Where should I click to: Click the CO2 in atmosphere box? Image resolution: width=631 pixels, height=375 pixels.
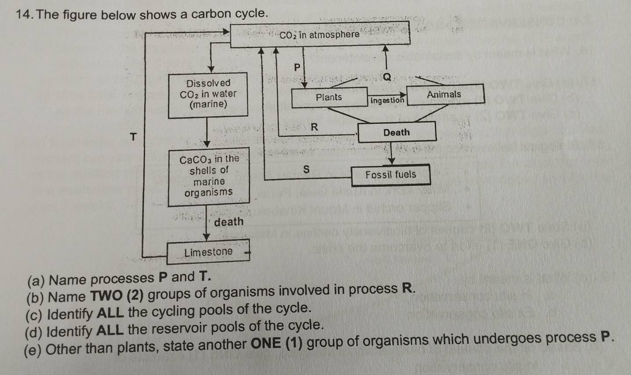320,34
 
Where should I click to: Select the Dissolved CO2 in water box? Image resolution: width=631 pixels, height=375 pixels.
208,94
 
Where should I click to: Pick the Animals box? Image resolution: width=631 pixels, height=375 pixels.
445,94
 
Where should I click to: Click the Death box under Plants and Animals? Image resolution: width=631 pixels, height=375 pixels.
397,132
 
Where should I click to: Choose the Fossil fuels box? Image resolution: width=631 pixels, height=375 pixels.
391,175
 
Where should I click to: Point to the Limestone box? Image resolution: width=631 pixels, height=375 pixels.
208,252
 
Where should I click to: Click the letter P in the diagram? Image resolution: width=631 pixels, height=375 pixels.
297,68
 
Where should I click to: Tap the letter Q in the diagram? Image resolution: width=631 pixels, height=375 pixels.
387,77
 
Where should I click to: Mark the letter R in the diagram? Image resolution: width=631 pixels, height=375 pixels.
314,127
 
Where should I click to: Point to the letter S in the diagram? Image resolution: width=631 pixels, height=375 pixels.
306,169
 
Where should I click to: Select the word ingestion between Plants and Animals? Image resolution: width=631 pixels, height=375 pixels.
387,100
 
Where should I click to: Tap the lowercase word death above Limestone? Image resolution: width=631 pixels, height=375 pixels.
229,222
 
